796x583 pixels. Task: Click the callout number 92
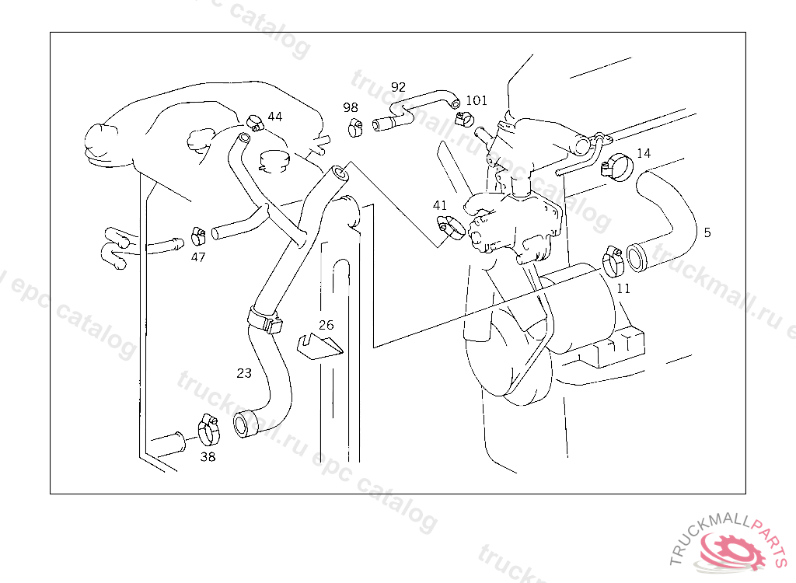(398, 86)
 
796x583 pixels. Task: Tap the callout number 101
(477, 100)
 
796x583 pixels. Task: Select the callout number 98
(351, 107)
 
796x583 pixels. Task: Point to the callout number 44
(274, 117)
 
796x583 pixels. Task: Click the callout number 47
(198, 257)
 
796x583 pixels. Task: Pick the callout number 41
(440, 205)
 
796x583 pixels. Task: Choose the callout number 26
(326, 325)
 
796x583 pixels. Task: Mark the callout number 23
(244, 373)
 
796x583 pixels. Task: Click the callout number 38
(208, 457)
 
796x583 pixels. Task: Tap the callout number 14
(644, 153)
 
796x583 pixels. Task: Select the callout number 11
(623, 288)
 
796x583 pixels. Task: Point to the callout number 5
(707, 232)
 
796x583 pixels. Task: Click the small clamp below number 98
(354, 127)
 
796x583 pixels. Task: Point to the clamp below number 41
(450, 227)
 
